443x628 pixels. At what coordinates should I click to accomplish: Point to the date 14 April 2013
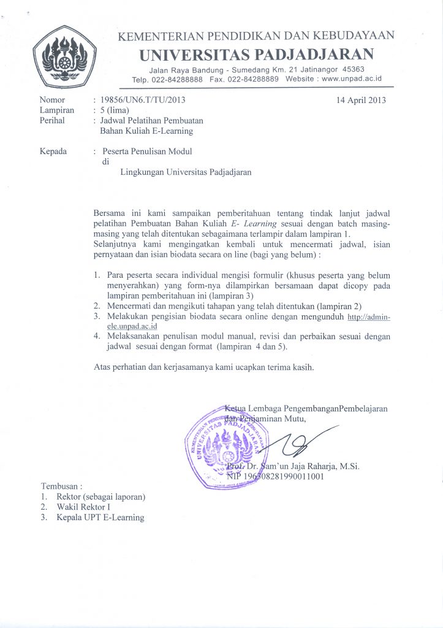tap(361, 100)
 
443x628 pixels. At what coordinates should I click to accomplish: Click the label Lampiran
tap(56, 110)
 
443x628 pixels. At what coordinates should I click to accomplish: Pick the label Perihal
tap(52, 120)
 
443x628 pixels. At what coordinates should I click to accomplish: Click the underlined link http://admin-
tap(368, 317)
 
